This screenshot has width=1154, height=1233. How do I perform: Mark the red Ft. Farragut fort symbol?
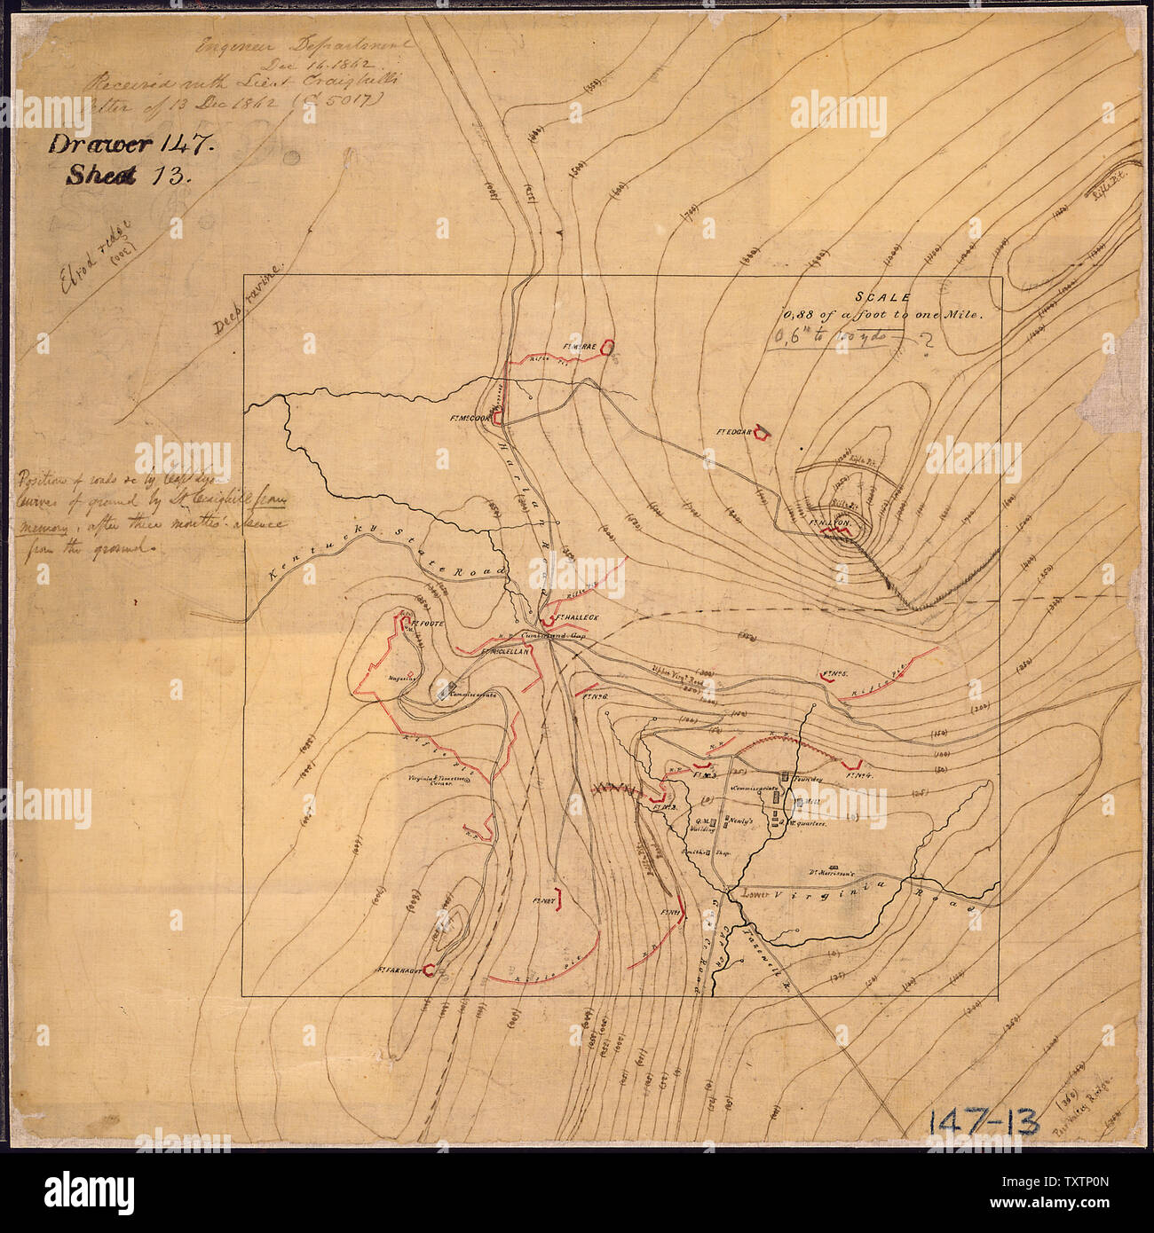(430, 970)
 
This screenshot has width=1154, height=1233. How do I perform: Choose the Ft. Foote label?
(427, 624)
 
